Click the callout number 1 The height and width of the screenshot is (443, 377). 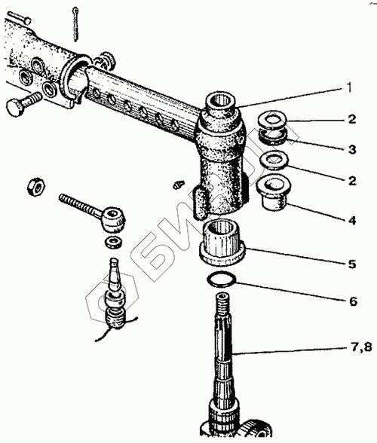[350, 87]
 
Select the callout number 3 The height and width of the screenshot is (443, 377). [352, 149]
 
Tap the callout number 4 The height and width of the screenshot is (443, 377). [352, 220]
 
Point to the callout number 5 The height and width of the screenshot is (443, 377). [352, 264]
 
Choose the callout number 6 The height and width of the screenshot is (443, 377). [353, 301]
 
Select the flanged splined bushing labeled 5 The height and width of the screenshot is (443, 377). [222, 243]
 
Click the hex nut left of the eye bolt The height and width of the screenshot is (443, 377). [36, 186]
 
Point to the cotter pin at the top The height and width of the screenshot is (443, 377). [75, 24]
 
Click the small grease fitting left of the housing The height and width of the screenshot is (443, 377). [178, 185]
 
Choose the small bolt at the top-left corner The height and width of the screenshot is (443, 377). [19, 17]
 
